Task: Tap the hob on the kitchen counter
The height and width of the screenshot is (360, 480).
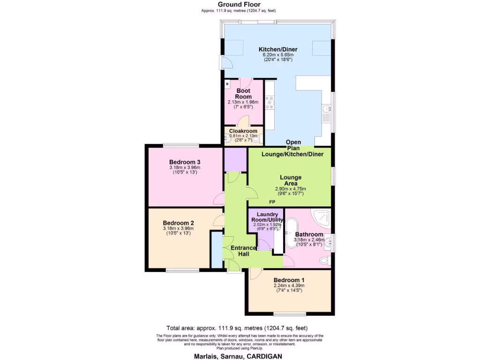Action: tap(270, 101)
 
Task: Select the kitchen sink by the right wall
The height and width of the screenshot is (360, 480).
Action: tap(327, 111)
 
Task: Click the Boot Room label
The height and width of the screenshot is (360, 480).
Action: tap(243, 93)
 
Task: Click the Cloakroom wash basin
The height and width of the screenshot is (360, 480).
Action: tap(228, 139)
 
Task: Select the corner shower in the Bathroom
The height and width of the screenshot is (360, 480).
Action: tap(322, 216)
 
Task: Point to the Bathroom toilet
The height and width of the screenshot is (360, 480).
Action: tap(323, 260)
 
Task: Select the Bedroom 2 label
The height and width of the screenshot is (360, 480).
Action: tap(178, 223)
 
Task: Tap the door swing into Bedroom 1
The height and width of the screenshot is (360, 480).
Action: tap(255, 274)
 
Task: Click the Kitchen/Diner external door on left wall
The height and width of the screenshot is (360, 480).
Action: tap(222, 63)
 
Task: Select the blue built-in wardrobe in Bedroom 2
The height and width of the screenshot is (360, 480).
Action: tap(216, 250)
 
